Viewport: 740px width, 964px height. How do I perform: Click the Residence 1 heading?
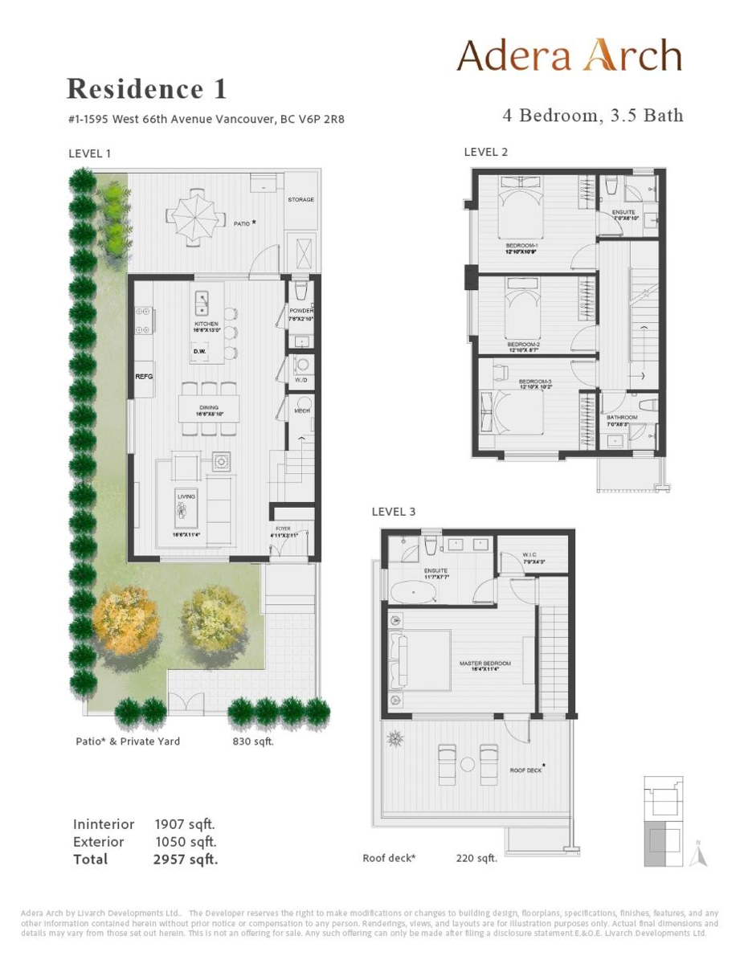point(146,88)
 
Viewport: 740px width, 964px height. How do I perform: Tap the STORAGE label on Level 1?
point(300,199)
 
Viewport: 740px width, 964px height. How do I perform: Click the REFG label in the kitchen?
point(144,376)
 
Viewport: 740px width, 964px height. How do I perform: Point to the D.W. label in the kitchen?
point(200,351)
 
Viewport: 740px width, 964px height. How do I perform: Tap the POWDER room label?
point(301,311)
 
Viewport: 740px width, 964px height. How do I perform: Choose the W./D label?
point(301,381)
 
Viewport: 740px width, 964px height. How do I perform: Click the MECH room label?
point(302,411)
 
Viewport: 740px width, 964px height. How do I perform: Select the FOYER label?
point(283,529)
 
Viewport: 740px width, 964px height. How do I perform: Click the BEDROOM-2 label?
point(523,344)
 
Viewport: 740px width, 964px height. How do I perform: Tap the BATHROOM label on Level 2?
point(622,418)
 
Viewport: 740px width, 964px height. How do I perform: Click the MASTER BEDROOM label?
point(484,664)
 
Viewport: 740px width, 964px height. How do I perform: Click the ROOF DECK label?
point(526,770)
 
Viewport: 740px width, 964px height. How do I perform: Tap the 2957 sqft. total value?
point(185,860)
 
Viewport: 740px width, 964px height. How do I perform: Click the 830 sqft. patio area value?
point(253,741)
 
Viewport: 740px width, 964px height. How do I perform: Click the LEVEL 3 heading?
point(394,512)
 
